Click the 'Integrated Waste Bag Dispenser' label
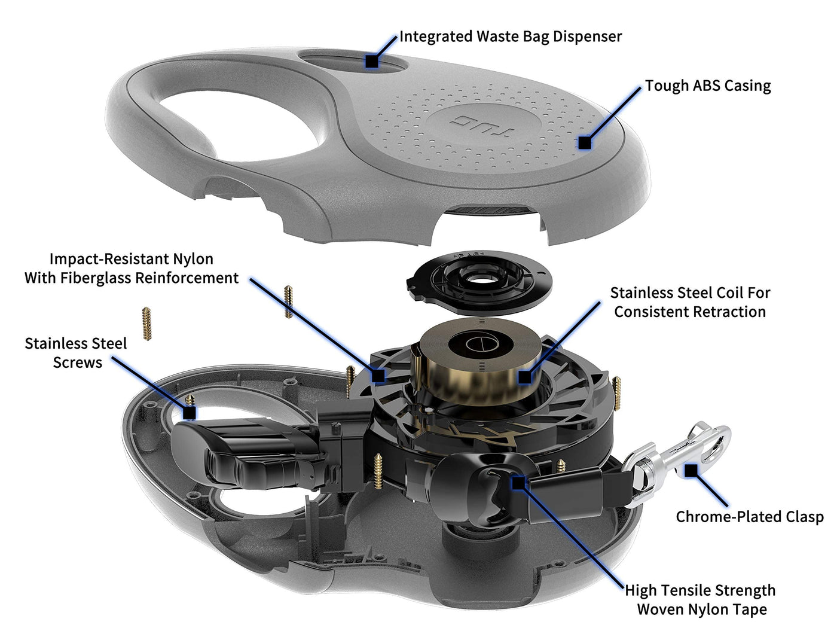(x=510, y=36)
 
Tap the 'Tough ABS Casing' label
(x=708, y=86)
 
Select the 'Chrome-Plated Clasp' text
(x=749, y=517)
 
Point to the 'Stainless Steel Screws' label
(x=76, y=353)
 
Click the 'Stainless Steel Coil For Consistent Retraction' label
(x=690, y=302)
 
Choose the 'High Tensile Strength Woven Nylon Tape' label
(x=701, y=600)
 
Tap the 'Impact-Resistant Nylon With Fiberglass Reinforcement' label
(x=132, y=269)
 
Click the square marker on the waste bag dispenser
(x=372, y=60)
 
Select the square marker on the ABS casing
(x=585, y=143)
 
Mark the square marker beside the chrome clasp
(x=691, y=470)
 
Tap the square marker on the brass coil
(x=524, y=377)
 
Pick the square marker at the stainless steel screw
(x=190, y=413)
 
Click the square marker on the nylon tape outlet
(x=518, y=482)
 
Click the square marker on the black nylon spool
(x=378, y=376)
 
